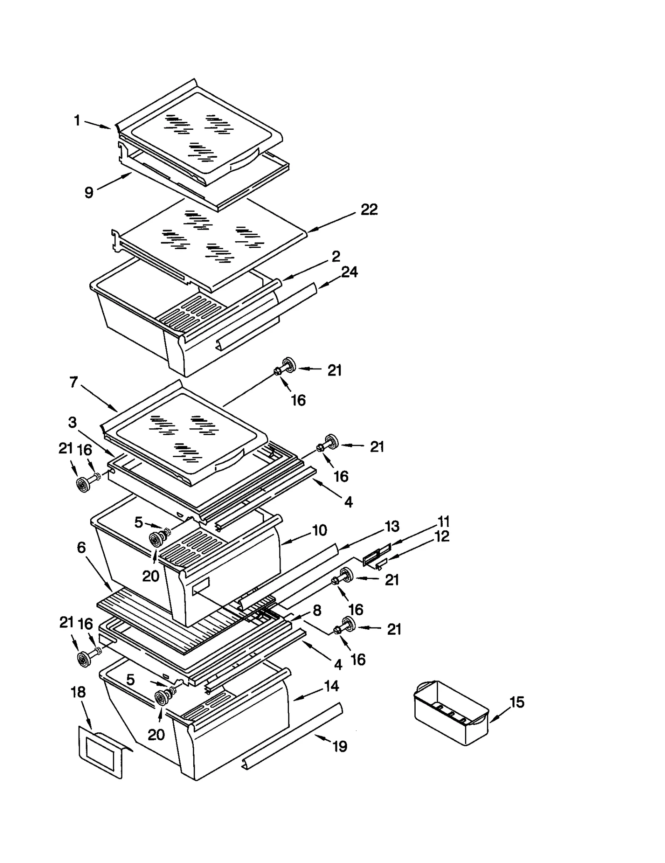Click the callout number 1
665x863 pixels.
pyautogui.click(x=77, y=121)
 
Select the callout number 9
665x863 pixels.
pyautogui.click(x=89, y=193)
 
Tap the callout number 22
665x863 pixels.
pyautogui.click(x=369, y=210)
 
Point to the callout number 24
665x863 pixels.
pyautogui.click(x=349, y=272)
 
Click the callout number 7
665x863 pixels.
pyautogui.click(x=74, y=382)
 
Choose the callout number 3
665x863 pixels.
pyautogui.click(x=72, y=423)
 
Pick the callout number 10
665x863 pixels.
pyautogui.click(x=319, y=530)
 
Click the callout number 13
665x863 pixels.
pyautogui.click(x=392, y=527)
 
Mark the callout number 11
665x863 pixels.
pyautogui.click(x=443, y=521)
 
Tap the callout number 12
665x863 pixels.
pyautogui.click(x=442, y=537)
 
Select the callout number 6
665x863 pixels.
pyautogui.click(x=81, y=548)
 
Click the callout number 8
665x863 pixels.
pyautogui.click(x=317, y=611)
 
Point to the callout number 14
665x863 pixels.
pyautogui.click(x=331, y=686)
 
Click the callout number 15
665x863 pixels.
pyautogui.click(x=517, y=702)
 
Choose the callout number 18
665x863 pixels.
pyautogui.click(x=78, y=692)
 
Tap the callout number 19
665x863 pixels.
pyautogui.click(x=340, y=747)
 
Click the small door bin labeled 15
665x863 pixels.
pyautogui.click(x=451, y=712)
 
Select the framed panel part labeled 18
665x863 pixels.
pyautogui.click(x=101, y=752)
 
